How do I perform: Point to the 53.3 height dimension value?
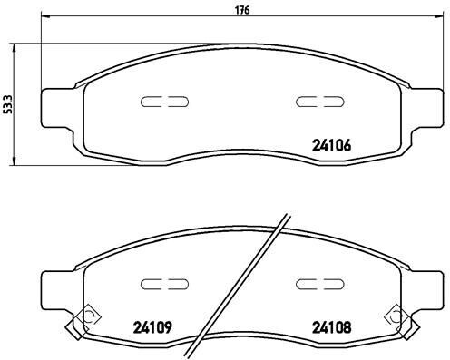(x=8, y=106)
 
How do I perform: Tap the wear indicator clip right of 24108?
(x=395, y=316)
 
